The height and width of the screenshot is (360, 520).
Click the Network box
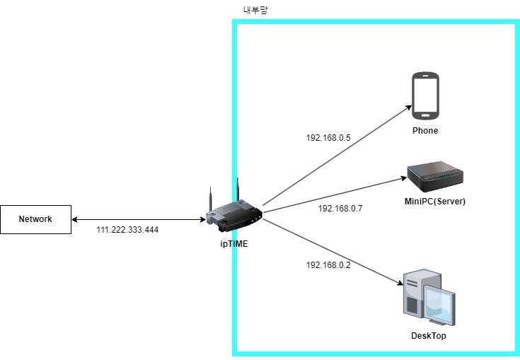[x=35, y=219]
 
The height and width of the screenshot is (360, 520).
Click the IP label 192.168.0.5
[x=328, y=138]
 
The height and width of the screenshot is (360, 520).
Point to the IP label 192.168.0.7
[x=340, y=209]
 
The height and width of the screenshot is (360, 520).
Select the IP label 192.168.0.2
[x=328, y=265]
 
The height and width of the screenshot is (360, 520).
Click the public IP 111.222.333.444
[x=127, y=231]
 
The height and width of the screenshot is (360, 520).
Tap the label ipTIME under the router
[x=233, y=244]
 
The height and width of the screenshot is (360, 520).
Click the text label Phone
[x=425, y=131]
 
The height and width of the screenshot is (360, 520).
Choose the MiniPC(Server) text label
[x=435, y=202]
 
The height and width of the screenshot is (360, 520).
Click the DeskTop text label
[x=429, y=336]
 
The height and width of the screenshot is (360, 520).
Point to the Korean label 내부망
[x=255, y=10]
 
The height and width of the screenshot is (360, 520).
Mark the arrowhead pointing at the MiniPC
[x=401, y=179]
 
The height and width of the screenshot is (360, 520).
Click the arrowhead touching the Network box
[x=75, y=219]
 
